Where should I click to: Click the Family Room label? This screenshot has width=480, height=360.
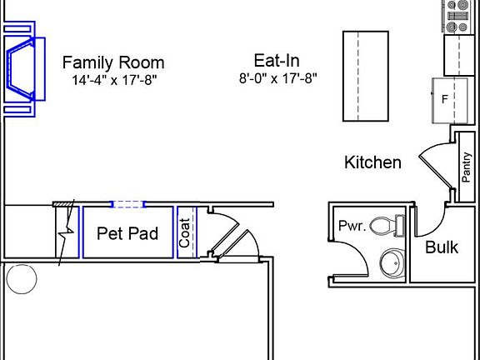[x=113, y=62]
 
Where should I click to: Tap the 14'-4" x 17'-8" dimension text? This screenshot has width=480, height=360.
[x=113, y=80]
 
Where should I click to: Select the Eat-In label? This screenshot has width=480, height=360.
[x=277, y=60]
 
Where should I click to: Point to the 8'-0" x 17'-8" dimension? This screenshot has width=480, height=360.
[x=277, y=78]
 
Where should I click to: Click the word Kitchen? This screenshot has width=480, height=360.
[x=372, y=162]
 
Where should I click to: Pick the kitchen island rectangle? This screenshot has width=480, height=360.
[x=366, y=77]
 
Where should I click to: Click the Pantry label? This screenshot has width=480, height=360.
[x=467, y=167]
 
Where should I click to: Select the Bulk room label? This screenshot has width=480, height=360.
[x=442, y=247]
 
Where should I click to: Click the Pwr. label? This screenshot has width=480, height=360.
[x=351, y=226]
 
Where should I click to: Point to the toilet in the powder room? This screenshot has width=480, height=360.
[x=386, y=226]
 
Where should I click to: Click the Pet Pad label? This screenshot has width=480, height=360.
[x=127, y=233]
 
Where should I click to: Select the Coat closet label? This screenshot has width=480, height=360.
[x=185, y=232]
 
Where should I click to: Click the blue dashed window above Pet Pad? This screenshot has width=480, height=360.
[x=128, y=203]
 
